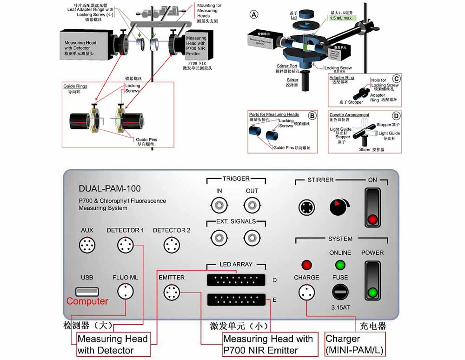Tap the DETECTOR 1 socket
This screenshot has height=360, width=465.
tap(125, 245)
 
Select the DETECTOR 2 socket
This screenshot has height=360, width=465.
tap(171, 245)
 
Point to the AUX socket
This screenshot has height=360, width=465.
tap(87, 245)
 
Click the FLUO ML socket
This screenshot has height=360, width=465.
tap(125, 292)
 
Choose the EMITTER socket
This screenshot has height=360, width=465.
tap(171, 293)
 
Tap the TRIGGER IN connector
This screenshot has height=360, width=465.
tap(219, 204)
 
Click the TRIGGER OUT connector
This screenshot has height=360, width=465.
tap(252, 204)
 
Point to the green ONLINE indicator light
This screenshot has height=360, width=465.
tap(340, 265)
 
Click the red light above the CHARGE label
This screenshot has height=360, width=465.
tap(306, 265)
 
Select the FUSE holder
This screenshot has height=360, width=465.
tap(340, 293)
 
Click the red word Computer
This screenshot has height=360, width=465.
tap(87, 301)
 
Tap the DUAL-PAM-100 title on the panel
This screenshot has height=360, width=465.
tap(110, 189)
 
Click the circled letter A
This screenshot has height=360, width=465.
tap(254, 14)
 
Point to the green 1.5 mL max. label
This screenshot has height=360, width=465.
tap(342, 18)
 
